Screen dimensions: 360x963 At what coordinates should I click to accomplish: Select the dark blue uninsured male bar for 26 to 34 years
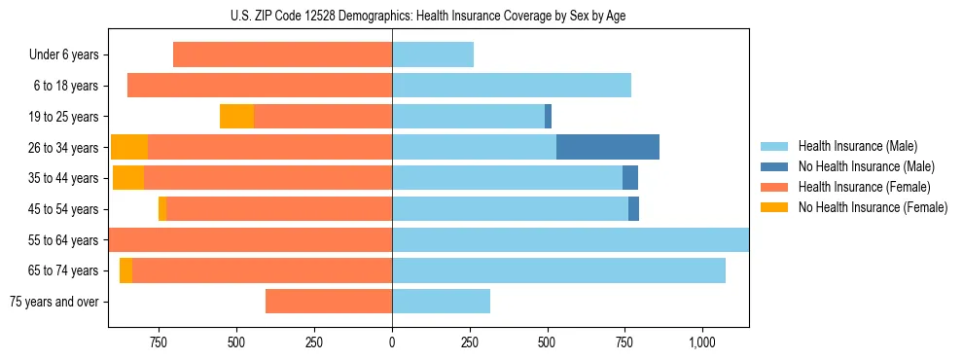(607, 147)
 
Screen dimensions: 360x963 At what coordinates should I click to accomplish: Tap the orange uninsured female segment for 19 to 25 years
(236, 116)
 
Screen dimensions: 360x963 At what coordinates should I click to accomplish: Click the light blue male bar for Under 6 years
(432, 54)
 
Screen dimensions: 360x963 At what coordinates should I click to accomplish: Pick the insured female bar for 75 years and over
(328, 302)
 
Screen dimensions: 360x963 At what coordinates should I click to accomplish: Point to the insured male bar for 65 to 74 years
(558, 270)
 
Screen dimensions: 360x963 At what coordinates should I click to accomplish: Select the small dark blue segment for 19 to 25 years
(548, 116)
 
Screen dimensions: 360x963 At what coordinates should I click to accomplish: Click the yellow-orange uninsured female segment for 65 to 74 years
(125, 270)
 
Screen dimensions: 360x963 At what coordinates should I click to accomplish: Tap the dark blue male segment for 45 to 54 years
(633, 209)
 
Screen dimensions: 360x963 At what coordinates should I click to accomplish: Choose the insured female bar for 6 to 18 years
(259, 86)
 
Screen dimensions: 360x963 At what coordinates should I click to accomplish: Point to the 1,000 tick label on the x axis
(701, 342)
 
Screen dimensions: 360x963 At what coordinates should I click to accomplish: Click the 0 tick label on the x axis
(392, 342)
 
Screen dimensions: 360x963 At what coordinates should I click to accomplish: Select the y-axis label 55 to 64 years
(64, 240)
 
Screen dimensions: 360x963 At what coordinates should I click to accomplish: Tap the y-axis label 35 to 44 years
(64, 178)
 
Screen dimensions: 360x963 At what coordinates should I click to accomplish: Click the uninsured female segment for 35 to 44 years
(127, 178)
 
